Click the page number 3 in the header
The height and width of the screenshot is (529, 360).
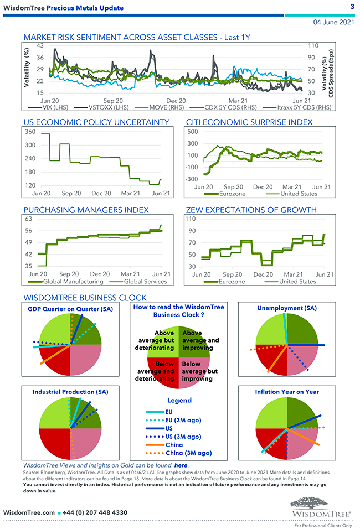pyautogui.click(x=352, y=7)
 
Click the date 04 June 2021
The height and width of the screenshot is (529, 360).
pyautogui.click(x=334, y=22)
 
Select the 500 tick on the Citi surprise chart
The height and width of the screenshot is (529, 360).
pyautogui.click(x=193, y=132)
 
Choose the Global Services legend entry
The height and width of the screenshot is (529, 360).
pyautogui.click(x=125, y=281)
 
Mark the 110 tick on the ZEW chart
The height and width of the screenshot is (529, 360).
pyautogui.click(x=193, y=219)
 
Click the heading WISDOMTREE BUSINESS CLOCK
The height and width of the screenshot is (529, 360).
pyautogui.click(x=85, y=297)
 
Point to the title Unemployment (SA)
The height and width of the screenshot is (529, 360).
pyautogui.click(x=287, y=308)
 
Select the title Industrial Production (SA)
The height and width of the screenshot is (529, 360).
pyautogui.click(x=70, y=391)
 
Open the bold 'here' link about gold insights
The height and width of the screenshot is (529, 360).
pyautogui.click(x=181, y=465)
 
